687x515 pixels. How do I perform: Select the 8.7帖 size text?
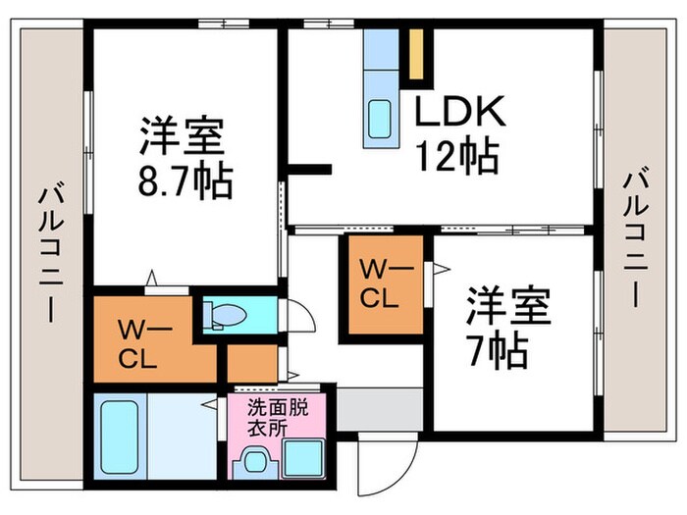click(x=185, y=182)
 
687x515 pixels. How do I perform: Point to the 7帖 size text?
click(x=496, y=347)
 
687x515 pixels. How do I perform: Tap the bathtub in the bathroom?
click(x=121, y=437)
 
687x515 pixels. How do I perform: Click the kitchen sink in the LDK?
click(x=379, y=121)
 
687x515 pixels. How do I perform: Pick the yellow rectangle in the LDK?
click(x=416, y=56)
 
